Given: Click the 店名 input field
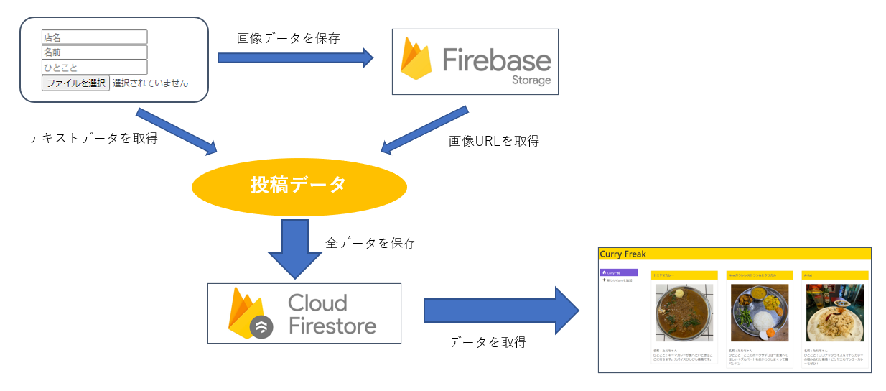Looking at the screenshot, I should click(x=94, y=37).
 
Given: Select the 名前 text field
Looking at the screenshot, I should click(x=94, y=52).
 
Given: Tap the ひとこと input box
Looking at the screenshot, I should click(x=94, y=67).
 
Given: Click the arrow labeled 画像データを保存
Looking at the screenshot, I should click(x=295, y=57).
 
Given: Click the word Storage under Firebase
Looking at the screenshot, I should click(x=531, y=80).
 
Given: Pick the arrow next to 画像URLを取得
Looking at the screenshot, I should click(x=424, y=131).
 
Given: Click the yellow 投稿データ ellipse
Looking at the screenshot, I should click(x=299, y=186).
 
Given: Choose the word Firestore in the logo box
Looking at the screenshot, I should click(x=332, y=326).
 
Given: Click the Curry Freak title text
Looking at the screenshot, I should click(x=622, y=254).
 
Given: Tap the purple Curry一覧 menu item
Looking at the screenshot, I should click(x=618, y=272).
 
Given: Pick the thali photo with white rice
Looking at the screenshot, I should click(x=759, y=313).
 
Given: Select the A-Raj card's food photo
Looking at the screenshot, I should click(x=835, y=313).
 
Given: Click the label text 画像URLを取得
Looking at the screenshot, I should click(x=493, y=142).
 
